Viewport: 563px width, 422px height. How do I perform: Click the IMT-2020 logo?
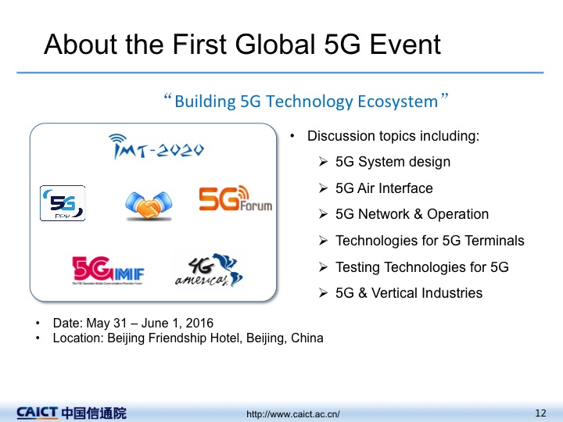click(x=156, y=146)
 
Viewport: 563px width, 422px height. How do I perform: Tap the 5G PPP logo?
click(x=63, y=203)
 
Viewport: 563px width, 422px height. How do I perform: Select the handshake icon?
click(x=149, y=206)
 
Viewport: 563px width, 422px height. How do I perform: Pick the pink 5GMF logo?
click(x=108, y=270)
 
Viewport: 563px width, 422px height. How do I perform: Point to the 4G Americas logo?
click(x=209, y=270)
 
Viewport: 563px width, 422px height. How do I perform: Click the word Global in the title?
click(x=275, y=44)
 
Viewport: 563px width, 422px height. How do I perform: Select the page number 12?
click(x=540, y=413)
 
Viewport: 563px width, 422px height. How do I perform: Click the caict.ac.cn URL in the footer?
click(x=293, y=414)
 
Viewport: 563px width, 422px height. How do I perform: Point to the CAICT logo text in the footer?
click(x=37, y=413)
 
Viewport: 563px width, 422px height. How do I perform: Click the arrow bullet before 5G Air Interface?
click(x=323, y=188)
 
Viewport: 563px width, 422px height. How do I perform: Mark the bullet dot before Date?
click(x=38, y=323)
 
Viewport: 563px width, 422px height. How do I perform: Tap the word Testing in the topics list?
click(x=357, y=267)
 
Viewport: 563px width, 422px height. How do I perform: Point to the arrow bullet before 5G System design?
click(x=323, y=162)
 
